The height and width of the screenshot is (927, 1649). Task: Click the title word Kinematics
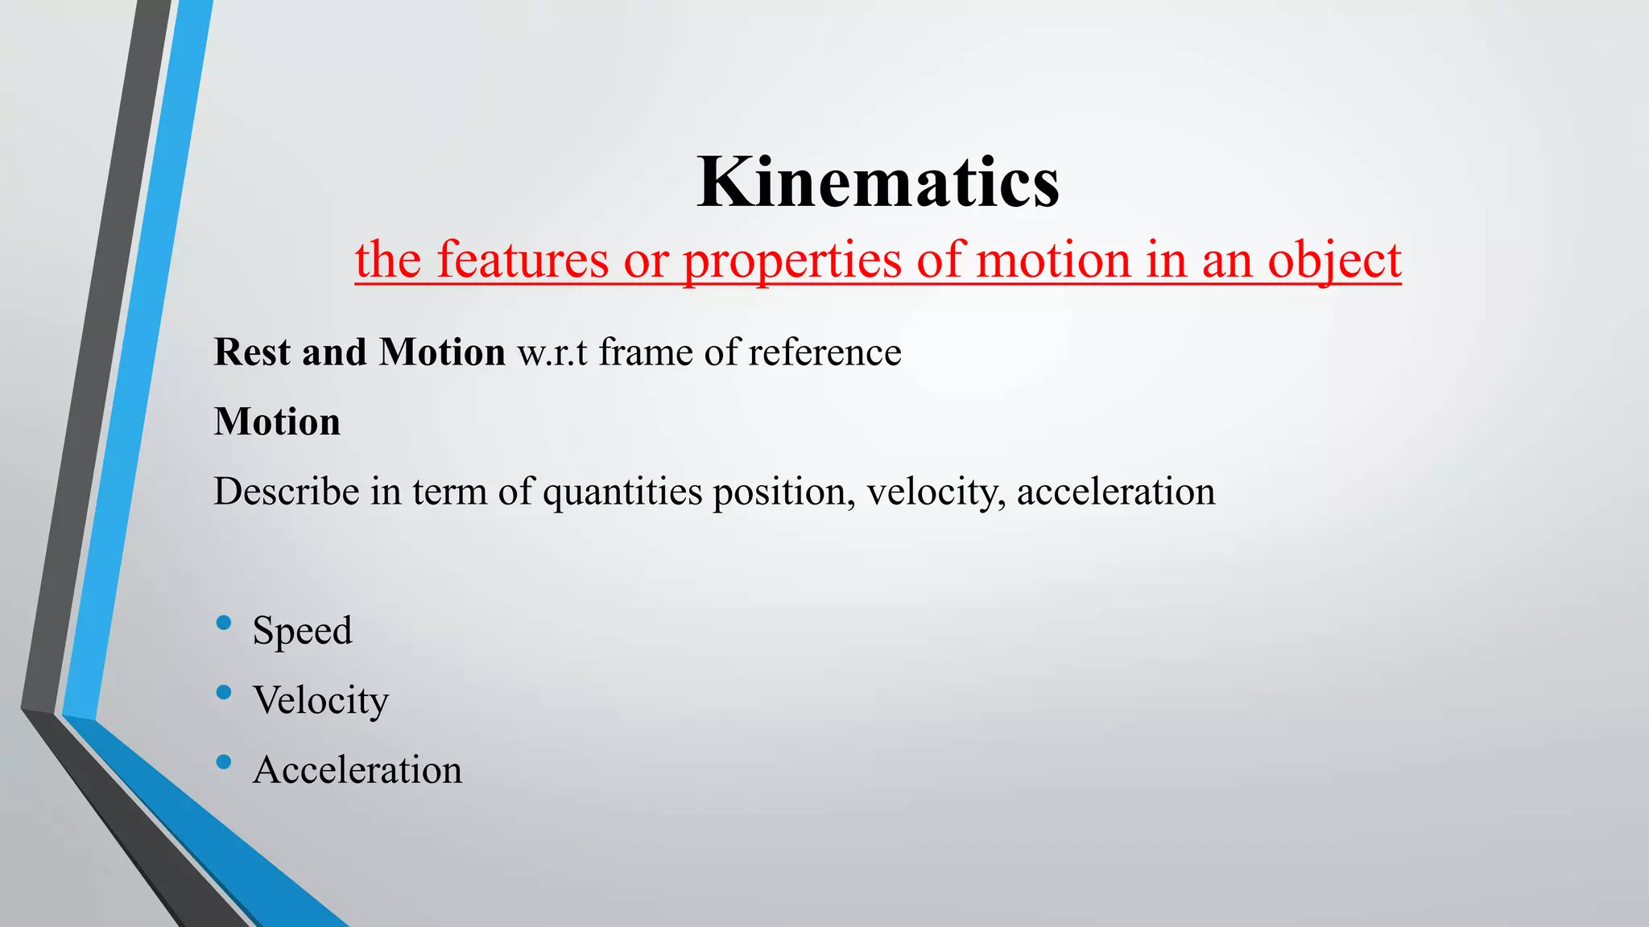(x=878, y=183)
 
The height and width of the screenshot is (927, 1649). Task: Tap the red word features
(x=523, y=260)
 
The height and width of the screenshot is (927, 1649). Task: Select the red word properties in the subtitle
(x=792, y=262)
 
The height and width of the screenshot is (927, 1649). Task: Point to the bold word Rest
(x=250, y=352)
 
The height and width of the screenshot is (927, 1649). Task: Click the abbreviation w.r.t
(x=552, y=352)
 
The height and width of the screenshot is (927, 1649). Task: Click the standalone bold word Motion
(x=277, y=422)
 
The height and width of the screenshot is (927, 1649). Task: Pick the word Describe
(x=286, y=491)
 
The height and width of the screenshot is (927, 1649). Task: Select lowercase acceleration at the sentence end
(x=1116, y=491)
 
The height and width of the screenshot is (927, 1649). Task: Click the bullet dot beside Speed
(x=224, y=622)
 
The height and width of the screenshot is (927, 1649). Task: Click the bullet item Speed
(x=302, y=630)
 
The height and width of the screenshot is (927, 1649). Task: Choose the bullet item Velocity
(x=320, y=700)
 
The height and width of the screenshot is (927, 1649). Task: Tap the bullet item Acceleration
(x=357, y=770)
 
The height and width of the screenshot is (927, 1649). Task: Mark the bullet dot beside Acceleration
(x=224, y=761)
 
